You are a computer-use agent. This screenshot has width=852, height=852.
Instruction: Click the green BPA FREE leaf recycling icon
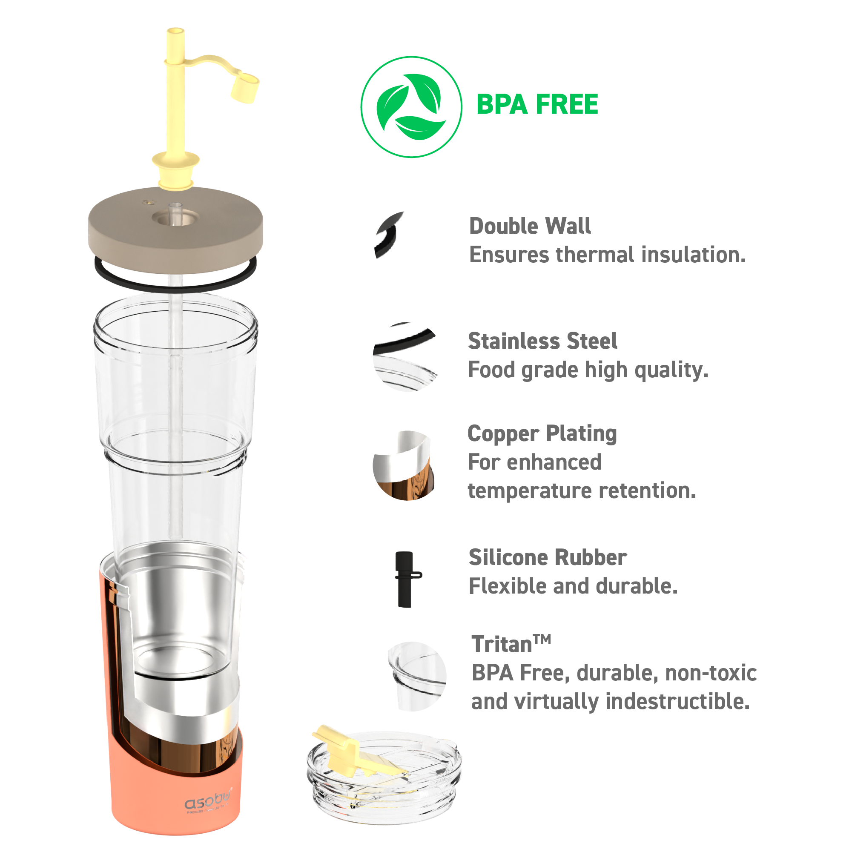coord(411,107)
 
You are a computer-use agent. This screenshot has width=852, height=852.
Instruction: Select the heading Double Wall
coord(530,226)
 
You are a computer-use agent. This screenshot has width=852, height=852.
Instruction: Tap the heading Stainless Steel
coord(542,341)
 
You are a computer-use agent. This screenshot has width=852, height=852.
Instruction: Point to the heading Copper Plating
coord(542,433)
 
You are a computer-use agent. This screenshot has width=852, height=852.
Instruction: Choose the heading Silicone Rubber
coord(547,557)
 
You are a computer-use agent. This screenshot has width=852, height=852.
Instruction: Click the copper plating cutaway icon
coord(404,466)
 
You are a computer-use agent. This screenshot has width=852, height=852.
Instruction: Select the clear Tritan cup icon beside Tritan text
coord(417,676)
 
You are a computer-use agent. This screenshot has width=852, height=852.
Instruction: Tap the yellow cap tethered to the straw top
coord(245,88)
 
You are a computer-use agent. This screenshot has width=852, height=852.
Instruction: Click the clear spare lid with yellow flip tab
coord(384,783)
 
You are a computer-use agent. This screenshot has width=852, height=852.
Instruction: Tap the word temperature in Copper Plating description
coord(530,491)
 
